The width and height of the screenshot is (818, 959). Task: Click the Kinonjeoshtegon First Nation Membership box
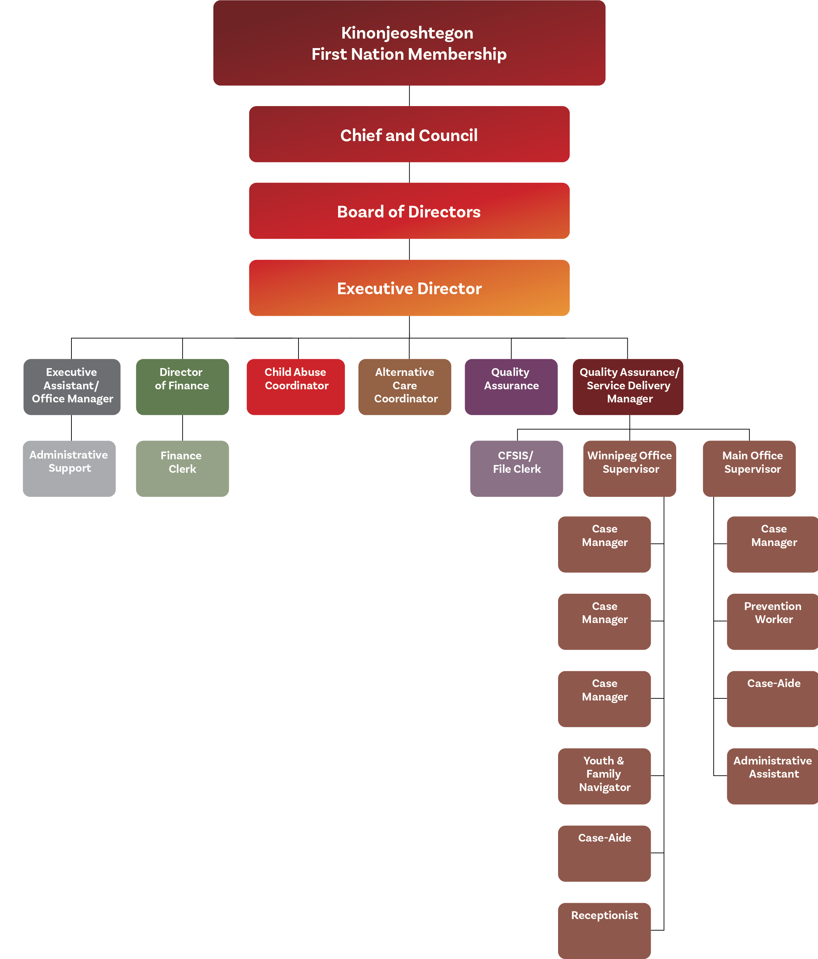click(x=409, y=42)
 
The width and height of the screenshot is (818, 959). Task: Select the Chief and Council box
click(x=409, y=134)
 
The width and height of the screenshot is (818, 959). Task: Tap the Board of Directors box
click(x=409, y=211)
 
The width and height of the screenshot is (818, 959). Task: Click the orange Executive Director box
click(x=409, y=288)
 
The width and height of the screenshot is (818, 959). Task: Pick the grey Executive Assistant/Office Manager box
click(x=72, y=386)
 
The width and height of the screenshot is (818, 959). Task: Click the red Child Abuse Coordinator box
click(x=295, y=386)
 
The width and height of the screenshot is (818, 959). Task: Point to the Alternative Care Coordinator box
click(x=405, y=386)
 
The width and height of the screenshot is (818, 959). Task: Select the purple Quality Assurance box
click(x=511, y=386)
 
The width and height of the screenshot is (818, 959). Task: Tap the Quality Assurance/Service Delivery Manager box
click(x=628, y=386)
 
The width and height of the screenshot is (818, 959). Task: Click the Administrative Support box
click(x=69, y=469)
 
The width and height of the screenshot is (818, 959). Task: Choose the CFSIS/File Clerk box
click(x=516, y=469)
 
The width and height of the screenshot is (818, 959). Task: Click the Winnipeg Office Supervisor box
click(x=629, y=469)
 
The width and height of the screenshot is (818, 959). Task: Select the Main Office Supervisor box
click(x=749, y=469)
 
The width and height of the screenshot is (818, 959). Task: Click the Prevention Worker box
click(x=772, y=622)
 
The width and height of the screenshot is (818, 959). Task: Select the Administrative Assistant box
click(x=772, y=776)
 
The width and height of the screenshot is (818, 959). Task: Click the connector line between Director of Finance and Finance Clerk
click(x=182, y=428)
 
